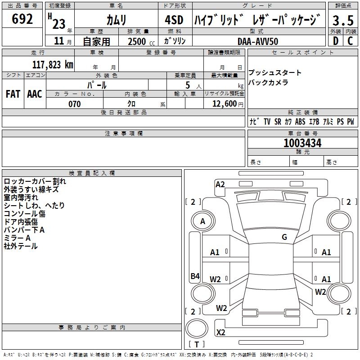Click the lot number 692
22,19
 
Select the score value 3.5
343,21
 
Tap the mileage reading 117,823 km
53,65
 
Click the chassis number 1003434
302,144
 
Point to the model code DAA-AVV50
258,41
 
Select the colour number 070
74,104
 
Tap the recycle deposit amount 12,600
224,104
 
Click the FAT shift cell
13,94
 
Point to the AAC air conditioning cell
34,94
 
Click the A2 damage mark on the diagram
220,184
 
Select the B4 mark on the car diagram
195,276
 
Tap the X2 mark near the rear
221,333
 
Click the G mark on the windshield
284,237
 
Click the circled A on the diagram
203,221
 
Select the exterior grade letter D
335,41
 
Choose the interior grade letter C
350,41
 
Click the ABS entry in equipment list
300,122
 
